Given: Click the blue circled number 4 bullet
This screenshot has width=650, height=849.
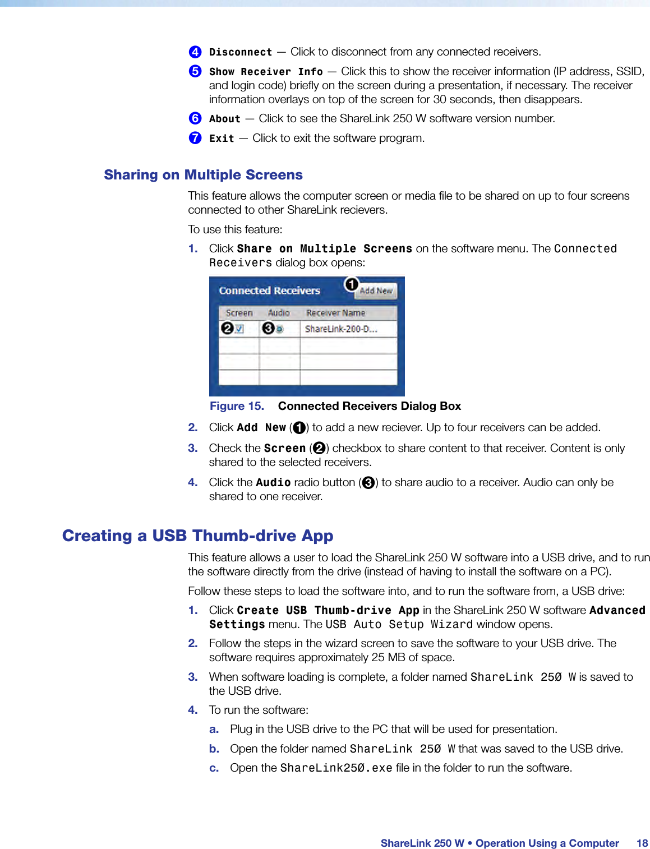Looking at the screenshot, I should point(195,52).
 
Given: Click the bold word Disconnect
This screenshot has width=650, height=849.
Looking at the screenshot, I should point(241,52).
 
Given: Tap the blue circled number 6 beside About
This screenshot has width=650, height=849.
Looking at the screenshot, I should point(195,118).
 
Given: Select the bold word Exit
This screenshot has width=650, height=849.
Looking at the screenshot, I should point(222,139).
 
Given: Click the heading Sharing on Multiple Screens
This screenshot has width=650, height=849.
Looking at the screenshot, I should point(203,175).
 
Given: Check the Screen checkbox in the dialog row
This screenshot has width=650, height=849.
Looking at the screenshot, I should point(239,329).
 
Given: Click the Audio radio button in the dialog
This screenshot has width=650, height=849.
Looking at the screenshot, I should point(279,329).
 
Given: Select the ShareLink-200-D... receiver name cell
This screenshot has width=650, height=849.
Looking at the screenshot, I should point(341,329).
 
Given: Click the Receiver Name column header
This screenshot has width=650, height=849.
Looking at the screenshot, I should point(335,313).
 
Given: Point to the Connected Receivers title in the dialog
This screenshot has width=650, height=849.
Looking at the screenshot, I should point(269,290).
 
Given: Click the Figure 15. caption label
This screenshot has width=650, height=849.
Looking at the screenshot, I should point(237,406).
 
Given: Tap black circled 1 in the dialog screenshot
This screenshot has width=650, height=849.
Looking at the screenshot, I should point(352,285).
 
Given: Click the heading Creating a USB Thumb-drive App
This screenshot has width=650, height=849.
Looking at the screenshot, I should point(197,536).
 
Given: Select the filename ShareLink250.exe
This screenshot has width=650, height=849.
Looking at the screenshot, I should point(336,768).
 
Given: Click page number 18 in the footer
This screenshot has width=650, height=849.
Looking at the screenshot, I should point(642,843).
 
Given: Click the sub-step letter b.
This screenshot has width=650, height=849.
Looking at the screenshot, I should point(214,749).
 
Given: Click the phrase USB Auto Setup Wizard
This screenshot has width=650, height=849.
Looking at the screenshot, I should point(399,624).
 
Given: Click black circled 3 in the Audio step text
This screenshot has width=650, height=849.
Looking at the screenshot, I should point(368,483).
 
